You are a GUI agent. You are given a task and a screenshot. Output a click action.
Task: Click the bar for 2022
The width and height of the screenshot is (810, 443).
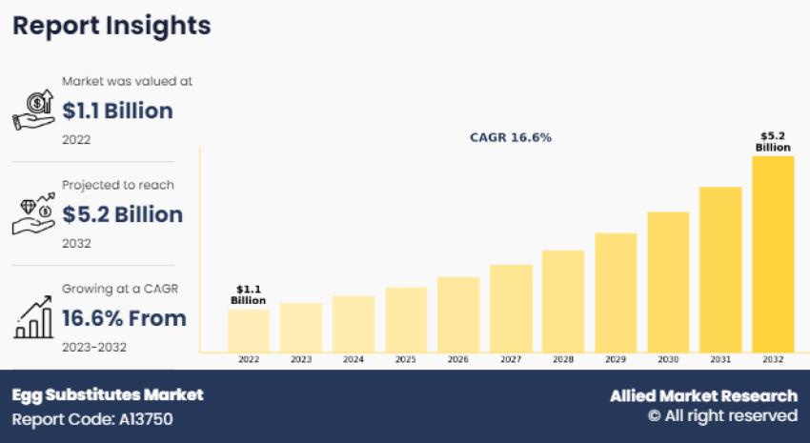pyautogui.click(x=248, y=331)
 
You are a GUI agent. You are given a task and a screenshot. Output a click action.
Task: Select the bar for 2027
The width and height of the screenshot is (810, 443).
pyautogui.click(x=511, y=308)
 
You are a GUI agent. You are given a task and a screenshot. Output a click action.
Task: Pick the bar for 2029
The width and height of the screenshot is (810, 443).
pyautogui.click(x=616, y=292)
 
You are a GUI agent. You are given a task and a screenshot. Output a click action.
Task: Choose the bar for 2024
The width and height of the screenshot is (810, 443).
pyautogui.click(x=353, y=324)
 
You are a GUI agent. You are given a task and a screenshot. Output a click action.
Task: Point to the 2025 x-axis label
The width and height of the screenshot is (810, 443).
pyautogui.click(x=406, y=360)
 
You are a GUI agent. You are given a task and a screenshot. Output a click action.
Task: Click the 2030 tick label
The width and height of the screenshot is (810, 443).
pyautogui.click(x=668, y=360)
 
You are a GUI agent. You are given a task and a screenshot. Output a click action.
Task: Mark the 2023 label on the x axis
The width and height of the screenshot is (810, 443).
pyautogui.click(x=300, y=360)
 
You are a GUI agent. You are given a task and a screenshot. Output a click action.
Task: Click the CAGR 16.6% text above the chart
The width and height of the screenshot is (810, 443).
pyautogui.click(x=511, y=137)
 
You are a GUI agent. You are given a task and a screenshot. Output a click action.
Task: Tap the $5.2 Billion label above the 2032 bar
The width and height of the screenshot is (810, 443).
pyautogui.click(x=773, y=142)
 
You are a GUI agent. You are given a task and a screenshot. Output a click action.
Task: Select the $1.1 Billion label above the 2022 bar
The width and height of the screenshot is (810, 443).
pyautogui.click(x=248, y=295)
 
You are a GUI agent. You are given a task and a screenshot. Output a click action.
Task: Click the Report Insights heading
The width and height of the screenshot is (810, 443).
pyautogui.click(x=111, y=26)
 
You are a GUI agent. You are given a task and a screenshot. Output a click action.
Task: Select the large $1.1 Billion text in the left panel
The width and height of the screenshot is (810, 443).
pyautogui.click(x=117, y=111)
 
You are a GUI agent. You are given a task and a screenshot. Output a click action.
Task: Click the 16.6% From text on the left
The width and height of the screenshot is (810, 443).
pyautogui.click(x=124, y=317)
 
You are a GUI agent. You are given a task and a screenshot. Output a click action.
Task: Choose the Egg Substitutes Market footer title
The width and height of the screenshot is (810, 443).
pyautogui.click(x=108, y=394)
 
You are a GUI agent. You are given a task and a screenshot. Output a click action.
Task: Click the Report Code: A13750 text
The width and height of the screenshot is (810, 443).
pyautogui.click(x=92, y=418)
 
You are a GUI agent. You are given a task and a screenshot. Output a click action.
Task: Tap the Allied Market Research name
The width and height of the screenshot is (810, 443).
pyautogui.click(x=703, y=395)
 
